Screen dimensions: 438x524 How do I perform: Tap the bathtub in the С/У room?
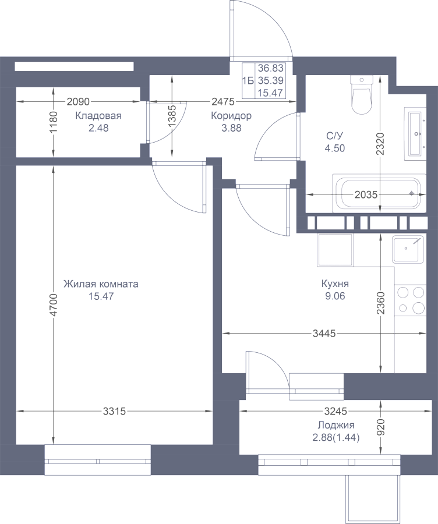pyautogui.click(x=379, y=193)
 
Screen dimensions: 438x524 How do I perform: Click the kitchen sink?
pyautogui.click(x=408, y=249)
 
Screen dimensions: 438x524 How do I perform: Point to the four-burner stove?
pyautogui.click(x=411, y=300)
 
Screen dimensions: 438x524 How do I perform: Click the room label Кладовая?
pyautogui.click(x=98, y=116)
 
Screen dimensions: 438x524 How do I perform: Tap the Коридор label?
pyautogui.click(x=231, y=116)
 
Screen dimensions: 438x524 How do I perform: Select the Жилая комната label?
pyautogui.click(x=101, y=284)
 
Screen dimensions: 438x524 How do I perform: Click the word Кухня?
pyautogui.click(x=335, y=284)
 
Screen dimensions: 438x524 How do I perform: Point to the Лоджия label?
pyautogui.click(x=336, y=426)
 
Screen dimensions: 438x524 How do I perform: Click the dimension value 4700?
pyautogui.click(x=54, y=305)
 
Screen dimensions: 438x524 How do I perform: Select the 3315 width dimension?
pyautogui.click(x=114, y=412)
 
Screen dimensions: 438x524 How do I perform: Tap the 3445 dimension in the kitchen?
pyautogui.click(x=324, y=333)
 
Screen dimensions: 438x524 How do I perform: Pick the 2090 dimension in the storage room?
pyautogui.click(x=78, y=101)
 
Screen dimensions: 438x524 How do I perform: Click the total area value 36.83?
pyautogui.click(x=271, y=68)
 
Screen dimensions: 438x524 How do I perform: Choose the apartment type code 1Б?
pyautogui.click(x=248, y=80)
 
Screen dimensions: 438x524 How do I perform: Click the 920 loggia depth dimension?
pyautogui.click(x=381, y=428)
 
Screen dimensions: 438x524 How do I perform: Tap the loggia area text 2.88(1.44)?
pyautogui.click(x=336, y=438)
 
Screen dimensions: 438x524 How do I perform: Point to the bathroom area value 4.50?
pyautogui.click(x=335, y=148)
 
